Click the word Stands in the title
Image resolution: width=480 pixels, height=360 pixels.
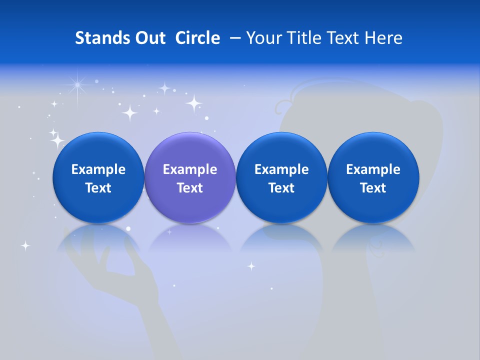98,38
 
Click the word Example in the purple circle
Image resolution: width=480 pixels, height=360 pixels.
189,169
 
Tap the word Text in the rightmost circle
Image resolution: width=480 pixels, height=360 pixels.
373,188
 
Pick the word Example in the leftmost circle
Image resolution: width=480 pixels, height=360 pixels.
98,169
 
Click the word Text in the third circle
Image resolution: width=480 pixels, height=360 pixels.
281,188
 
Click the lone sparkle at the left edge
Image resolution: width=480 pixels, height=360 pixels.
25,245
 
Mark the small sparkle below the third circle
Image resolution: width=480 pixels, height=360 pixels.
251,266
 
